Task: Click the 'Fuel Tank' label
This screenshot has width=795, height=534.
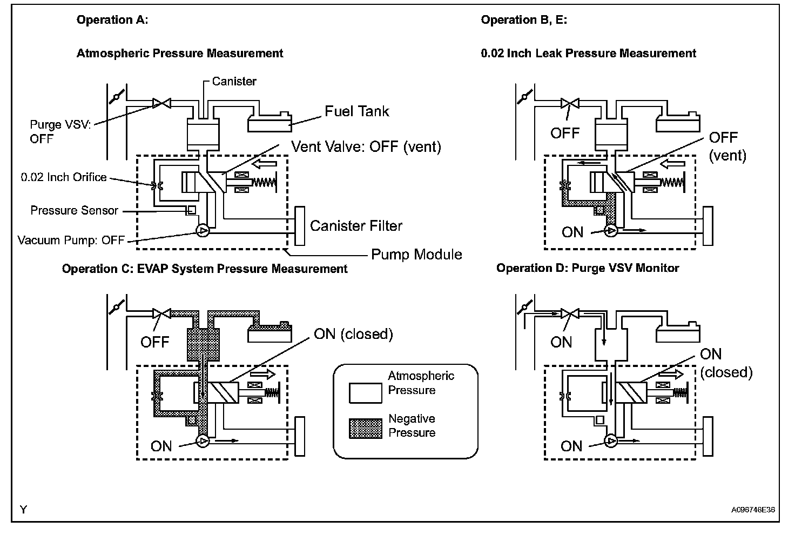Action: [x=356, y=111]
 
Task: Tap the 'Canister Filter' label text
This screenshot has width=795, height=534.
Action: [x=356, y=225]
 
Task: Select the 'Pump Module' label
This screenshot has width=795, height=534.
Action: [x=416, y=255]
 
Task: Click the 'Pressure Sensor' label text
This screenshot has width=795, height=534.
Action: [x=74, y=210]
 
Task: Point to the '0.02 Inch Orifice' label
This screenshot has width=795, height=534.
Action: [x=64, y=177]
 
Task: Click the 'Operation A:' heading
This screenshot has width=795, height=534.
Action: [x=112, y=20]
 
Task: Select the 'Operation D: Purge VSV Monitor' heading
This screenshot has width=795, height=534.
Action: [x=588, y=268]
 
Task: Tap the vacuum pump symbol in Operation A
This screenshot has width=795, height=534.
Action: [x=203, y=231]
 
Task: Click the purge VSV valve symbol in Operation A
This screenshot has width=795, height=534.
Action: [x=162, y=103]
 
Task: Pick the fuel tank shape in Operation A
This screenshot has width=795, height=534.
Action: [x=270, y=123]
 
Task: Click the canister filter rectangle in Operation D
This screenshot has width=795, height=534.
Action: [x=708, y=436]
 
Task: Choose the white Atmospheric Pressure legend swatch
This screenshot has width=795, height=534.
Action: [x=365, y=393]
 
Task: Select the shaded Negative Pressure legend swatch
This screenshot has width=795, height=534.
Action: [x=365, y=429]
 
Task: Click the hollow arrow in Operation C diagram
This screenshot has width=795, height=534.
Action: [x=263, y=374]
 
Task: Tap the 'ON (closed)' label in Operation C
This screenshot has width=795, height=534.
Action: [x=354, y=334]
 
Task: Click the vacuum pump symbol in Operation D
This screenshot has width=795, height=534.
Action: [x=611, y=441]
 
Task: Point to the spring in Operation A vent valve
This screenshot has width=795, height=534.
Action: [x=264, y=183]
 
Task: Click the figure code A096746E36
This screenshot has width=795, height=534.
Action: [x=753, y=510]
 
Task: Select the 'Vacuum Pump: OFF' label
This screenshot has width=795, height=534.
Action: [x=71, y=240]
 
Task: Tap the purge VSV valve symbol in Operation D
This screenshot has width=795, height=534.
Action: [x=570, y=313]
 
